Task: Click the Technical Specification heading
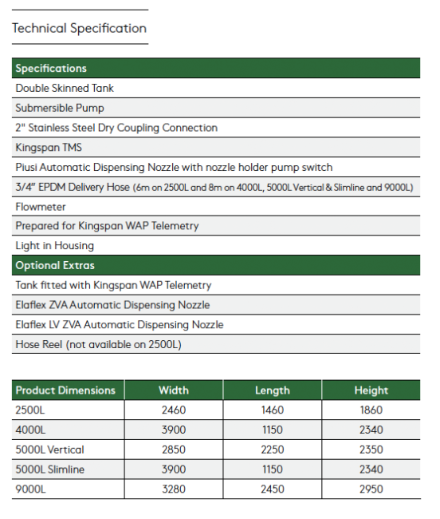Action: [79, 29]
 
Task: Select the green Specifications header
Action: [51, 69]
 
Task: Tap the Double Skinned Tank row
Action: [65, 88]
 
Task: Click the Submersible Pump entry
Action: [60, 108]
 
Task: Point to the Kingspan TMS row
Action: [49, 148]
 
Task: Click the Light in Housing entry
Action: [54, 246]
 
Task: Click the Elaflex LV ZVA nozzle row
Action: [120, 325]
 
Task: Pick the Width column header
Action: [174, 390]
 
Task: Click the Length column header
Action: [273, 390]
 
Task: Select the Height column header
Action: [371, 390]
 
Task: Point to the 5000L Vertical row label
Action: [49, 450]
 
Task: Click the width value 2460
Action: [174, 410]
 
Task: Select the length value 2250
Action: [273, 450]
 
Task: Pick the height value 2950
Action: [371, 489]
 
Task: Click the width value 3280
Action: [174, 489]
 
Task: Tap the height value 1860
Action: [371, 410]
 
